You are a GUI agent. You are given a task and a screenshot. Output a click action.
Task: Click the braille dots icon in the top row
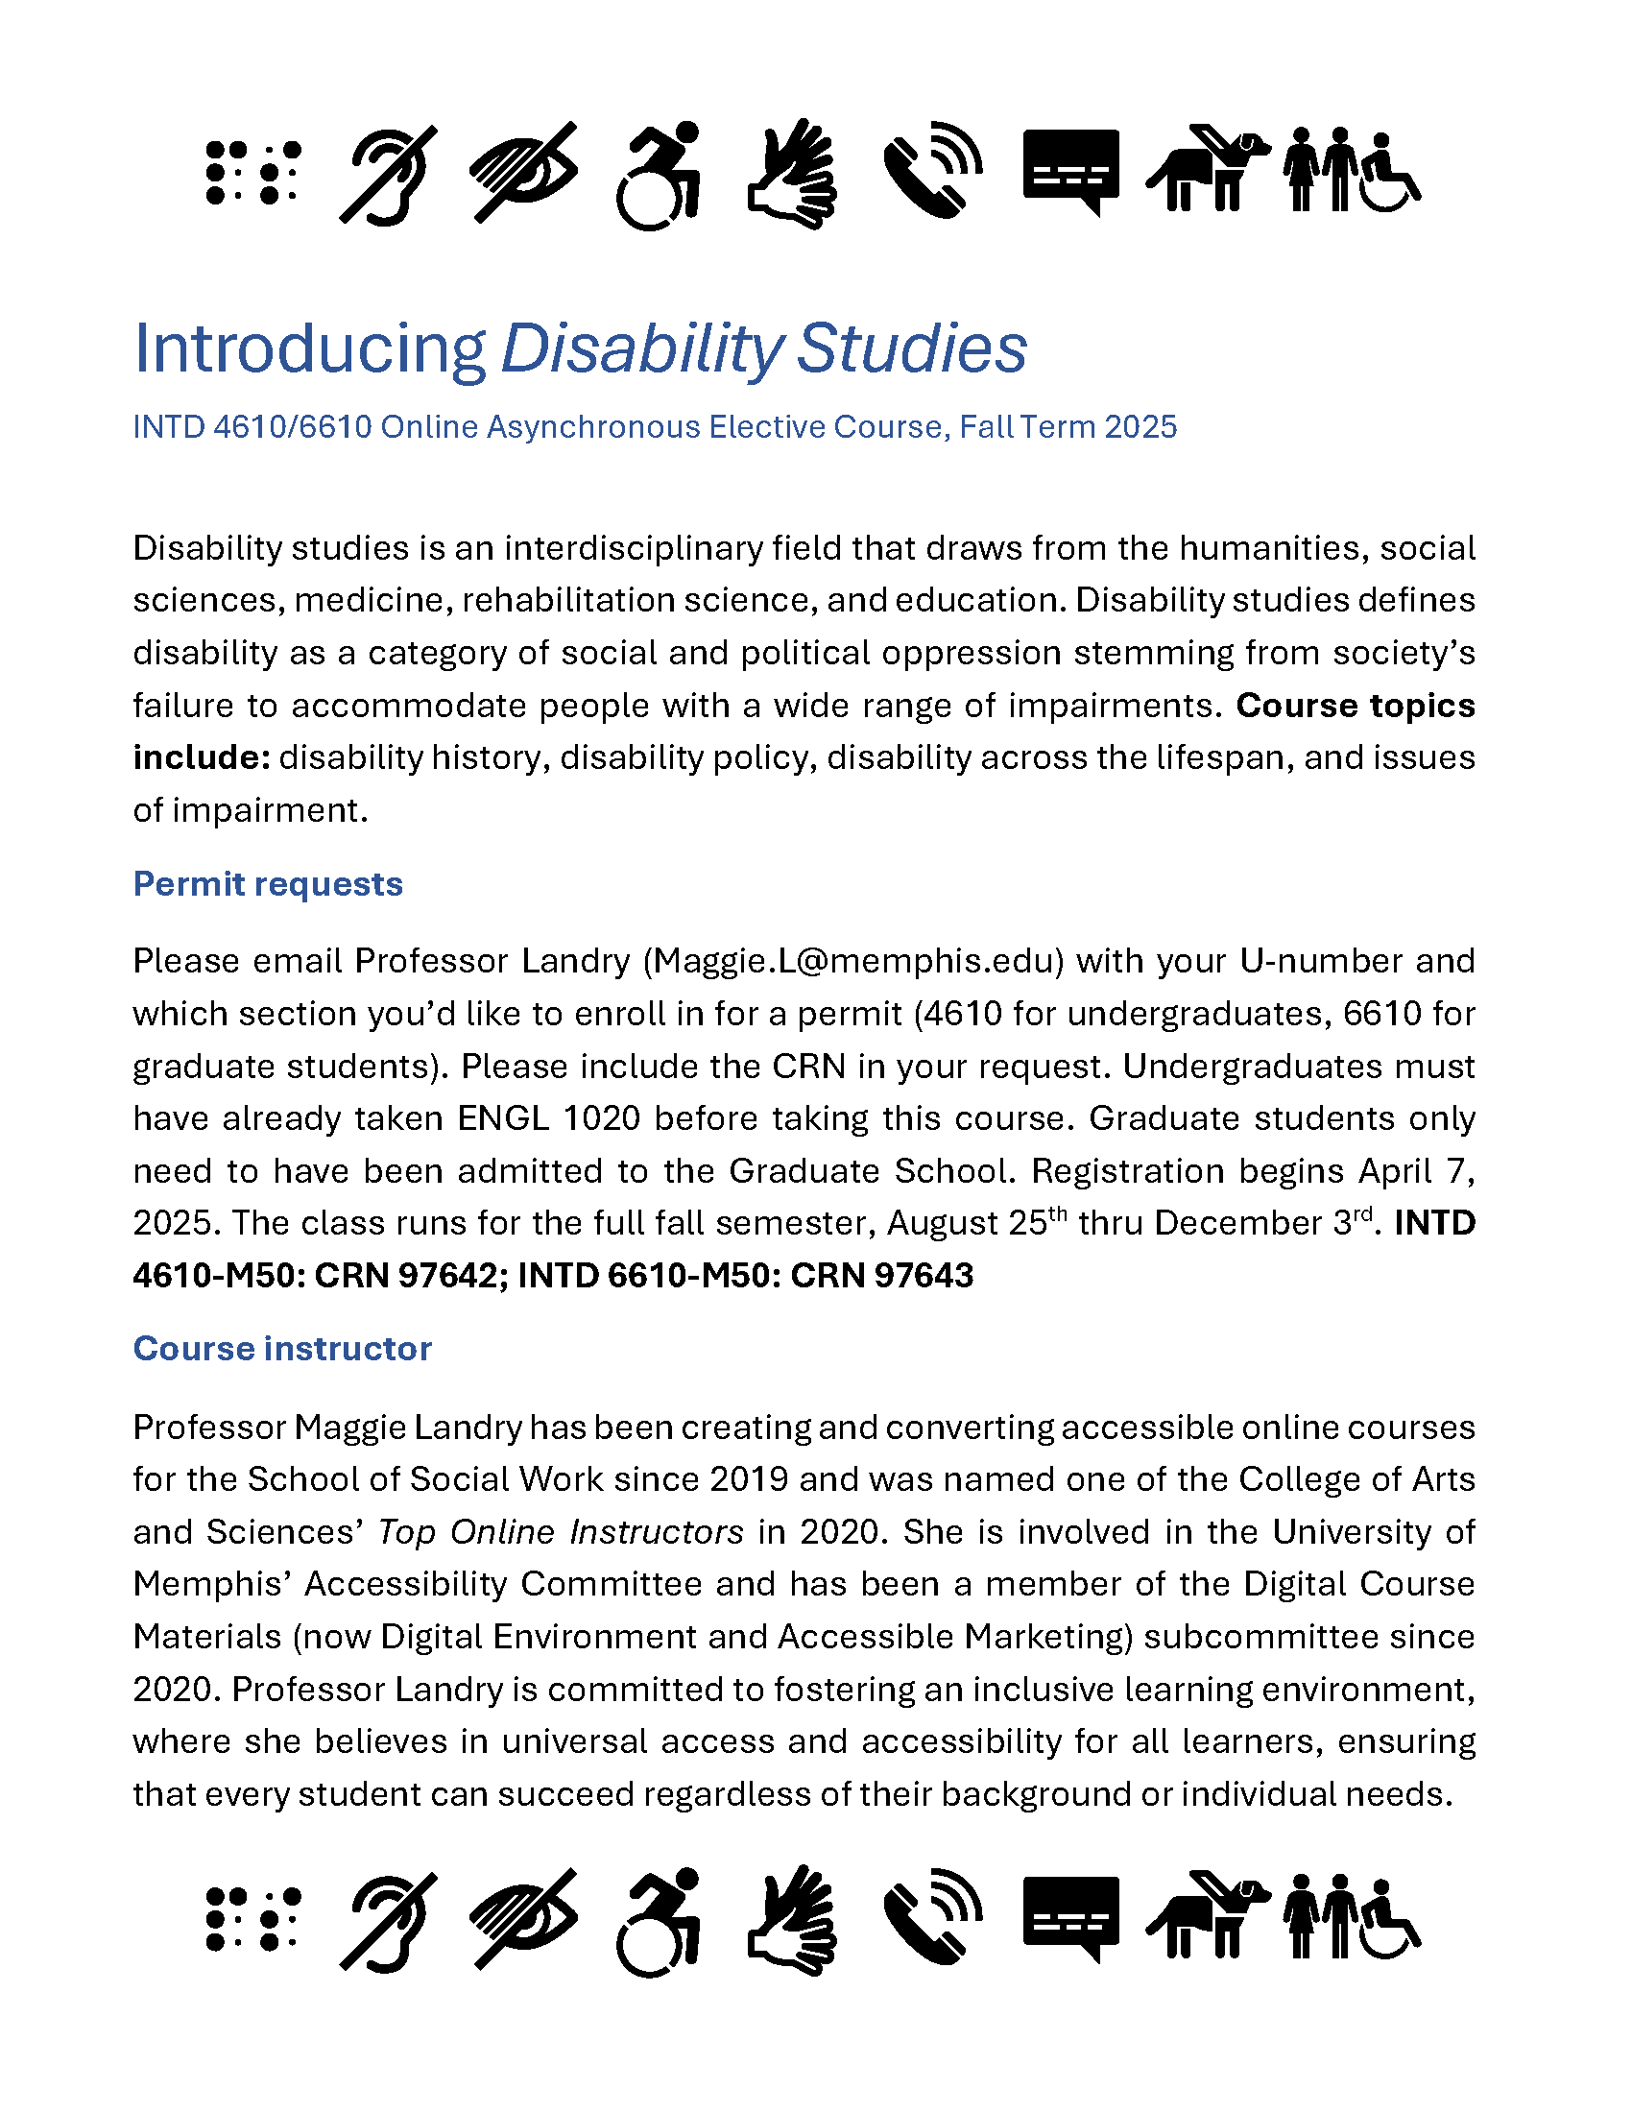(x=253, y=173)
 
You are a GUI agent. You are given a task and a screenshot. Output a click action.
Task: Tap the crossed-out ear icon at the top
(x=389, y=175)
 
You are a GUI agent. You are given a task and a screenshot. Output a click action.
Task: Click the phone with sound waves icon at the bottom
(x=933, y=1918)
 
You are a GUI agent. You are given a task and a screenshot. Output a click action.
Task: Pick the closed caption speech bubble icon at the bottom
(x=1071, y=1919)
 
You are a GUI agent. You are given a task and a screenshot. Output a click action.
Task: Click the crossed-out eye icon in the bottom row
(x=524, y=1919)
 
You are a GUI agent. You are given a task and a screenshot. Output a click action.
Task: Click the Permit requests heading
(x=268, y=884)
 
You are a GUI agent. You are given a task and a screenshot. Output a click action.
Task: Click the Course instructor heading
(x=282, y=1348)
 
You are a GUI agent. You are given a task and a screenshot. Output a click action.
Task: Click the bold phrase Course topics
(x=1356, y=705)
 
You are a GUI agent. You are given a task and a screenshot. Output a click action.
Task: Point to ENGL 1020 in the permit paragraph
(x=548, y=1117)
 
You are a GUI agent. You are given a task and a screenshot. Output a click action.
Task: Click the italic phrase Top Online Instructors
(x=561, y=1532)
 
